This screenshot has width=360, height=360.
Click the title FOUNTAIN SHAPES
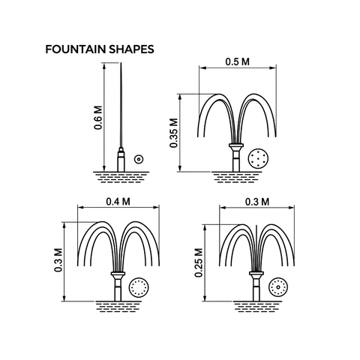point(100,49)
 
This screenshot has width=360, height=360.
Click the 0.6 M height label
point(98,118)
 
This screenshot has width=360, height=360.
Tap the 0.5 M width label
point(238,61)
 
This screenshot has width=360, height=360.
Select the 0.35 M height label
point(174,133)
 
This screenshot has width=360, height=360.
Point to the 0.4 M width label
point(118,202)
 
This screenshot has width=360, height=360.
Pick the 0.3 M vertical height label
point(58,260)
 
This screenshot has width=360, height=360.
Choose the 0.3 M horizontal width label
point(257,202)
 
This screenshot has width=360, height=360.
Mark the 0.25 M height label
point(199,262)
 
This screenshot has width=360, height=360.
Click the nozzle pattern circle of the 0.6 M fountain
point(139,159)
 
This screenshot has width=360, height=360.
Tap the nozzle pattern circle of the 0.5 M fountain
point(258,158)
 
